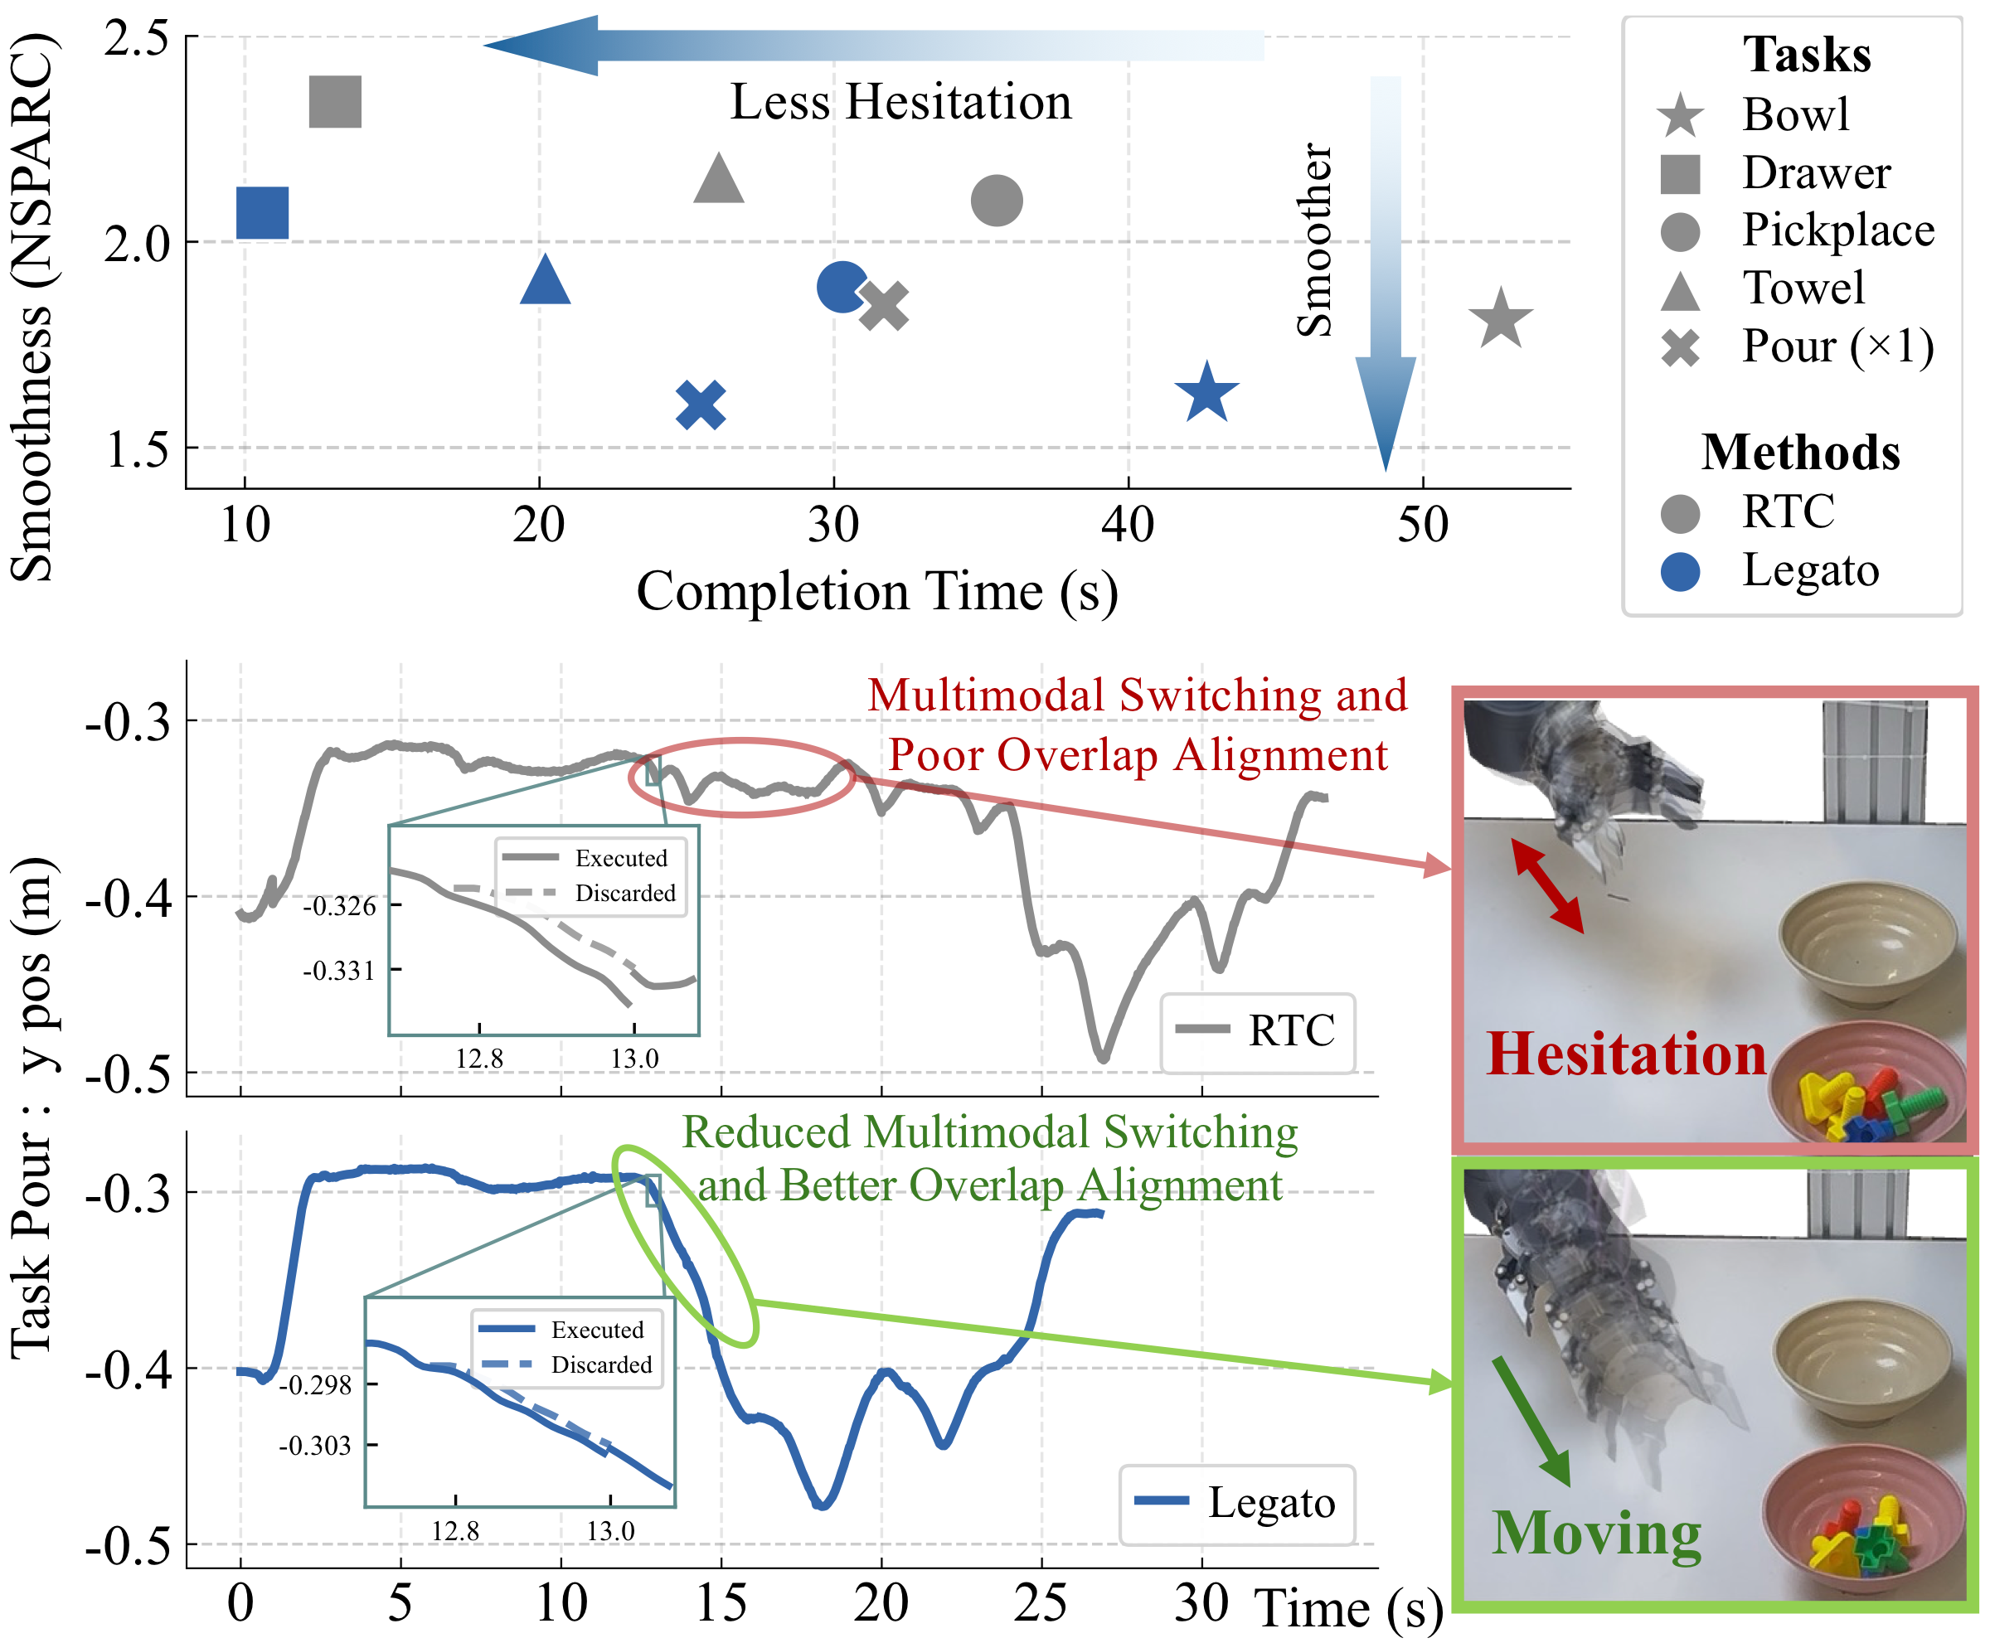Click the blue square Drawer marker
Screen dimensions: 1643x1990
[262, 213]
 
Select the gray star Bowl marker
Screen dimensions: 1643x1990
[1500, 319]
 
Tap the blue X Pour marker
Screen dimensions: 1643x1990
[701, 405]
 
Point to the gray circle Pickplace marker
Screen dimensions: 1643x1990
[996, 201]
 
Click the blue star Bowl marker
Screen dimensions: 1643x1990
[1206, 393]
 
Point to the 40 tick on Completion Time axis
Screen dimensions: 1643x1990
[1128, 523]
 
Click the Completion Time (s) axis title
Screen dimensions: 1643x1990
[876, 592]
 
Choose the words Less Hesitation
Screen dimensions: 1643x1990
[900, 102]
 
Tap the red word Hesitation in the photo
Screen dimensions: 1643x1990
[1625, 1054]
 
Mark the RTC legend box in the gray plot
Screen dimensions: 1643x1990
[1257, 1030]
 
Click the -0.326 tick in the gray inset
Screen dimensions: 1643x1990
[339, 906]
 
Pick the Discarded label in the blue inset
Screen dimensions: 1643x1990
[601, 1364]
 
